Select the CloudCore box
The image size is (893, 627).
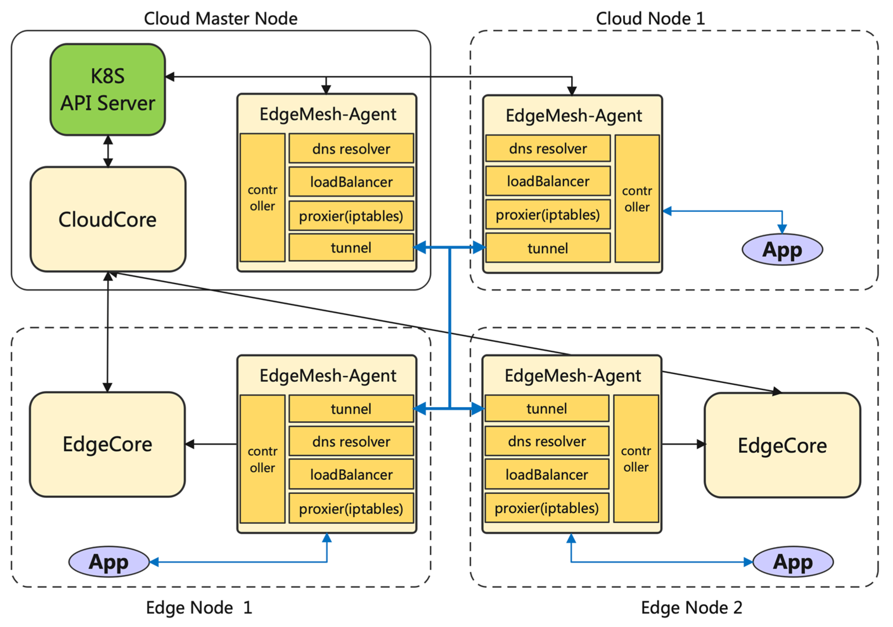[x=108, y=219]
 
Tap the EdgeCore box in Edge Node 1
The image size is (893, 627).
[x=107, y=445]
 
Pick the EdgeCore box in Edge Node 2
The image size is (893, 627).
[x=782, y=445]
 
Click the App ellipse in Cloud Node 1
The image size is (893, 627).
[x=782, y=250]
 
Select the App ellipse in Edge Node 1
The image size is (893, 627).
[x=109, y=562]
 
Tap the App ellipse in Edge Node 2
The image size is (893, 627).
[x=793, y=562]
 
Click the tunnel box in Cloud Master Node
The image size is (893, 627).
[x=351, y=248]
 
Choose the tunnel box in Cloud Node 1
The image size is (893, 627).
[x=548, y=248]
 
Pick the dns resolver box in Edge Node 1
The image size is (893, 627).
[x=351, y=441]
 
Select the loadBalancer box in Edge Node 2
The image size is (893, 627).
[x=546, y=475]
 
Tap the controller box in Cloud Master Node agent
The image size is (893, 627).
[x=263, y=198]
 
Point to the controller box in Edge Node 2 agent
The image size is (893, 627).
[x=636, y=459]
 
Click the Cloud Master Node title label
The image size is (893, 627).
[x=220, y=19]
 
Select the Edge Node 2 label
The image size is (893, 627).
[x=692, y=608]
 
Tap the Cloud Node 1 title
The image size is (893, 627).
[x=650, y=19]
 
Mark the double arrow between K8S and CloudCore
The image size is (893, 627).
[x=108, y=151]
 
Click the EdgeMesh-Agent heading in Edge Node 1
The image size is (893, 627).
[x=328, y=376]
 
